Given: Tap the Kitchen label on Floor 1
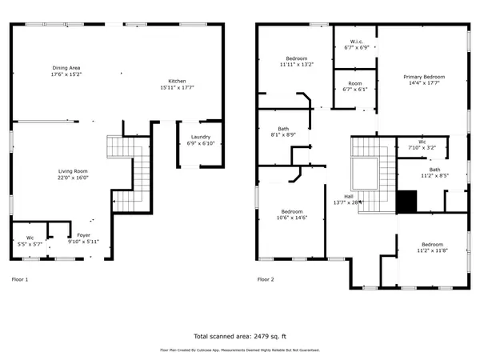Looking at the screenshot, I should [177, 81].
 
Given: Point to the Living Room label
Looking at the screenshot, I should [72, 171].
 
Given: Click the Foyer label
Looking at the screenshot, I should [82, 236].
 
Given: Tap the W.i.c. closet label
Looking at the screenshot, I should [357, 42].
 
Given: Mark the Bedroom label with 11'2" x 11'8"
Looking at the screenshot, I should [432, 244].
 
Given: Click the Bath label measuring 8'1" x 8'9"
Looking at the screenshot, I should [283, 129].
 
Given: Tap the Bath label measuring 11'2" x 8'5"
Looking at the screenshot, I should [434, 170].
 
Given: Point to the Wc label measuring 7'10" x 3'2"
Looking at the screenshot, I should [421, 142].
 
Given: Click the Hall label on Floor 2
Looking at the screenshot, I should [348, 196].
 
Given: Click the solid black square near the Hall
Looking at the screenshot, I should [407, 202].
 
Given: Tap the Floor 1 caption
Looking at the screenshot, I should [20, 280].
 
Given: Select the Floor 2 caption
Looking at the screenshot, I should [265, 280].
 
